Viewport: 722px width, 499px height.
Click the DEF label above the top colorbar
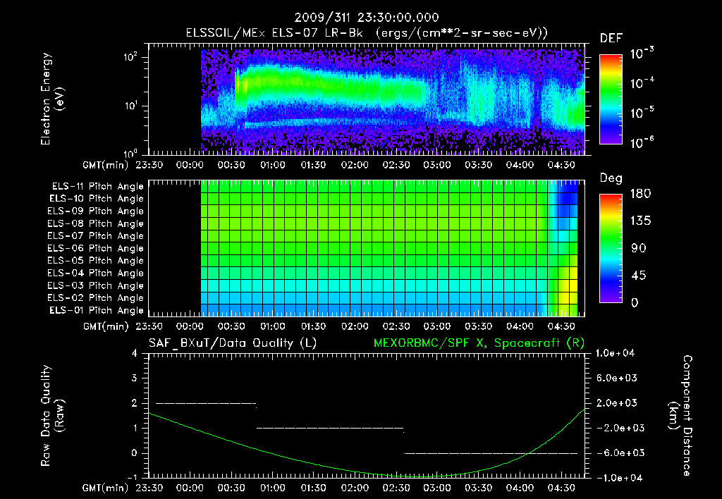tap(611, 38)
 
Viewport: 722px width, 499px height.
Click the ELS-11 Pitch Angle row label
tap(97, 186)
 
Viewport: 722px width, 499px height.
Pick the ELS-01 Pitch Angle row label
tap(97, 310)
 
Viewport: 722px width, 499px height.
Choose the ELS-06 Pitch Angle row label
tap(97, 248)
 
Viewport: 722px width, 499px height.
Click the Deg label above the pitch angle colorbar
tap(611, 178)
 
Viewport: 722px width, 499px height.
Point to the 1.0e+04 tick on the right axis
tap(617, 353)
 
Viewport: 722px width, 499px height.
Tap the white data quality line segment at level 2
tap(205, 403)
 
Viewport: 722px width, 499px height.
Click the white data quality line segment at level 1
tap(330, 428)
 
